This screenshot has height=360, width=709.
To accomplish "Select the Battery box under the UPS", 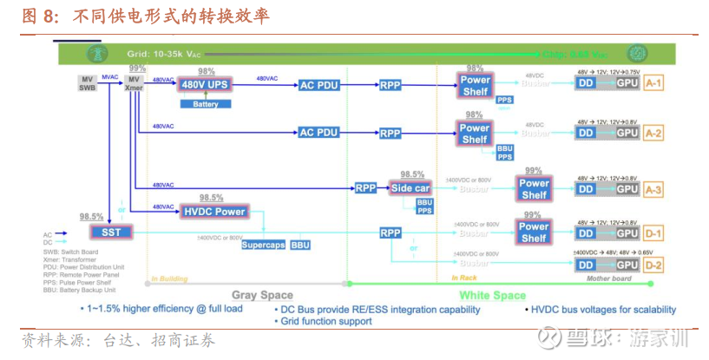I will pyautogui.click(x=206, y=104).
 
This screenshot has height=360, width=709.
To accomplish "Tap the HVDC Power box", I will pyautogui.click(x=214, y=211).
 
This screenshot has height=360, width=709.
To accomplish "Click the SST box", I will pyautogui.click(x=110, y=232).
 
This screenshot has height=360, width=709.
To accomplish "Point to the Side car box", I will pyautogui.click(x=410, y=188).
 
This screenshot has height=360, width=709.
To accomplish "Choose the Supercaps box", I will pyautogui.click(x=264, y=245).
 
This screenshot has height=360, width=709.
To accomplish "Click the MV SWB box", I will pyautogui.click(x=87, y=83).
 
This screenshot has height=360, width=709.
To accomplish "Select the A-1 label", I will pyautogui.click(x=653, y=84).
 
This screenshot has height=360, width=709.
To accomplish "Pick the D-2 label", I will pyautogui.click(x=653, y=265).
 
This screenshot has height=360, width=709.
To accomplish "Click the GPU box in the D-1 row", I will pyautogui.click(x=627, y=233).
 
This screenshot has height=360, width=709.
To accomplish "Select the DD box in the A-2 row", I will pyautogui.click(x=587, y=134).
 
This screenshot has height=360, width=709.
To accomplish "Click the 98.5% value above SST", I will pyautogui.click(x=91, y=217).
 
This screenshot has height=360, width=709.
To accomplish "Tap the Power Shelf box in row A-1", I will pyautogui.click(x=475, y=85).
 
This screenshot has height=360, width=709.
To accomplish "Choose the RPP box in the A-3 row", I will pyautogui.click(x=364, y=188).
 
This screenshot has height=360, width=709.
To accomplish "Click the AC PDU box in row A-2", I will pyautogui.click(x=318, y=133).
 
